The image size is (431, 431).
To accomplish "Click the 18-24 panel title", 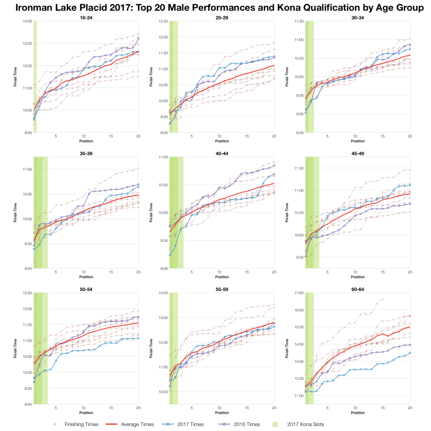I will click(86, 18).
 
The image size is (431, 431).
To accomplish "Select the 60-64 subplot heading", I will click(358, 289).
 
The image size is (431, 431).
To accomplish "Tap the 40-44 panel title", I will click(222, 153).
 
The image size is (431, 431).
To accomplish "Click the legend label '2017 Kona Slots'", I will click(305, 424).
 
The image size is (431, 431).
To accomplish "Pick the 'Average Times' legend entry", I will click(137, 424).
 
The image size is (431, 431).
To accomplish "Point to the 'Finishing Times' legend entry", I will click(82, 424).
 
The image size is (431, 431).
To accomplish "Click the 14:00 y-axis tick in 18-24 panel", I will click(27, 21).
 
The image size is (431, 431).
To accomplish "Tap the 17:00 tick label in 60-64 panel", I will click(299, 293).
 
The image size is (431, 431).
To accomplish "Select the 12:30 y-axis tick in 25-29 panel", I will click(163, 21).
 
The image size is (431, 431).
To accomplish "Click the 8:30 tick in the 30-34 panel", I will click(300, 133).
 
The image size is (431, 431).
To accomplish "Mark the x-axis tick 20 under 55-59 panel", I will click(274, 408).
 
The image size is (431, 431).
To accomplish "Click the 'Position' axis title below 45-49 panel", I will click(358, 277).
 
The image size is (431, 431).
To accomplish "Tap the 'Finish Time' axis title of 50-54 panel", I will click(15, 348).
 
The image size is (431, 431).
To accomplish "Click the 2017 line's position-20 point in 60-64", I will click(410, 353).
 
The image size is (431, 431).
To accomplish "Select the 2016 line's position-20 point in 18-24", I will click(139, 38).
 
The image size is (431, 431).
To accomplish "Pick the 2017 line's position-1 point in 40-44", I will click(170, 255).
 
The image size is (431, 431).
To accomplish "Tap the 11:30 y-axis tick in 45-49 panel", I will click(299, 168).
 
